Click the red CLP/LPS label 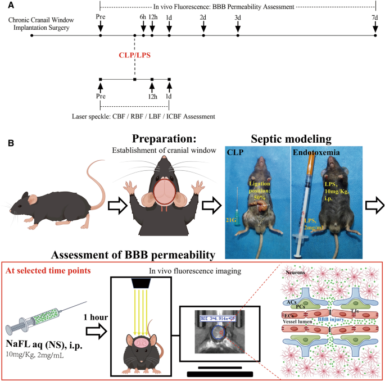point(134,56)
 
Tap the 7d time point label point(375,18)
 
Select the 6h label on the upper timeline point(143,18)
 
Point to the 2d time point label point(203,18)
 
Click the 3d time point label point(238,18)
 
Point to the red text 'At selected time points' point(49,270)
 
